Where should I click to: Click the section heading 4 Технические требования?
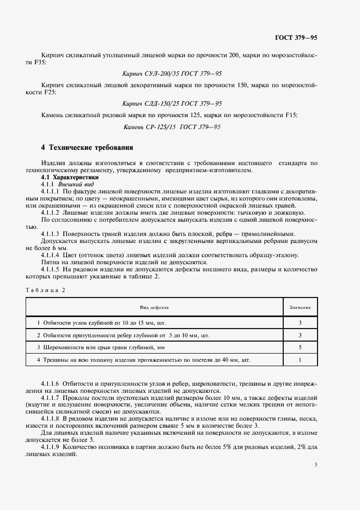click(87, 148)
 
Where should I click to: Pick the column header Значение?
click(300, 307)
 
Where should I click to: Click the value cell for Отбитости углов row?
click(300, 323)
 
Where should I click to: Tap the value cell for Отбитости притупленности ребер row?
click(300, 335)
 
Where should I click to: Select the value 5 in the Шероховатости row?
click(300, 347)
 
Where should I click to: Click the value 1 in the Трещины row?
click(300, 360)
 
